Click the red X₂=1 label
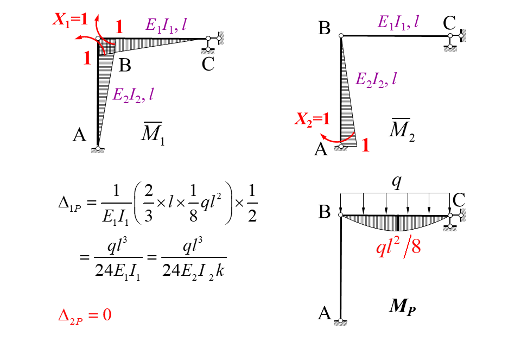(312, 119)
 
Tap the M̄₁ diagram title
(153, 134)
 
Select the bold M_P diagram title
(402, 307)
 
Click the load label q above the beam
(397, 182)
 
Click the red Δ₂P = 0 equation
(85, 315)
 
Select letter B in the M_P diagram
(324, 212)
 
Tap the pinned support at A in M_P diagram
(341, 321)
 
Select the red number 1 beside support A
(365, 145)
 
